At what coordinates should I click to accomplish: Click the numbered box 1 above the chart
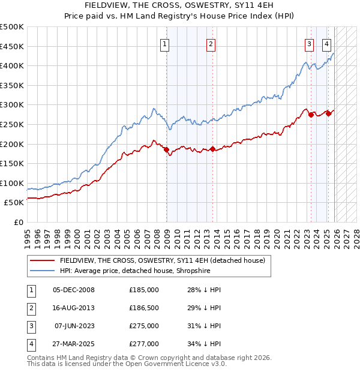[x=164, y=43]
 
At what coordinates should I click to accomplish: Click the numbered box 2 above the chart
[x=211, y=43]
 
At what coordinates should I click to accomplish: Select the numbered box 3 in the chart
[x=309, y=43]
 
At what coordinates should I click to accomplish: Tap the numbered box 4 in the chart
[x=326, y=43]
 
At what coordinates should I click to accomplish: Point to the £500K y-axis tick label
[x=12, y=27]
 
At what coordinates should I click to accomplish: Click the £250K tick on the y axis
[x=12, y=124]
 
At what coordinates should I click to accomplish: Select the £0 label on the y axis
[x=19, y=222]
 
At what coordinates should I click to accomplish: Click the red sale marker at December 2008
[x=166, y=150]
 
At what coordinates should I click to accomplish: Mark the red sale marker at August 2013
[x=212, y=149]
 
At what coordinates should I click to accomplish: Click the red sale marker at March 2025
[x=329, y=113]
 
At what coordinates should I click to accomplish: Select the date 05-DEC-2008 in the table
[x=74, y=290]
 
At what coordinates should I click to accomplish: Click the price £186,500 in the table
[x=144, y=308]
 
